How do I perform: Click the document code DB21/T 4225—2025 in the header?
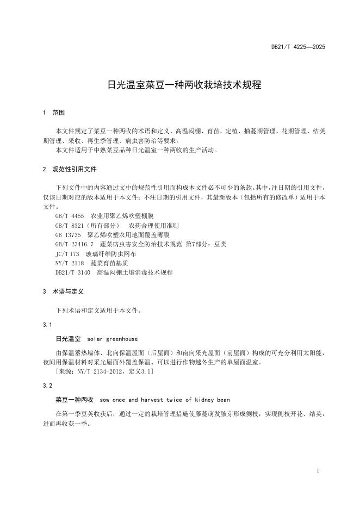pos(298,47)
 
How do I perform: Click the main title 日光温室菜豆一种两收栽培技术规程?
pos(184,85)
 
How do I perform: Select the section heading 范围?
pos(58,113)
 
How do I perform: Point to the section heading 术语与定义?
pos(68,291)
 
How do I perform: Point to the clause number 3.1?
pos(47,325)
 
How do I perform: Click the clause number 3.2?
pos(47,386)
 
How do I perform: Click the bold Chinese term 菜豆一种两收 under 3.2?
pos(75,399)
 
